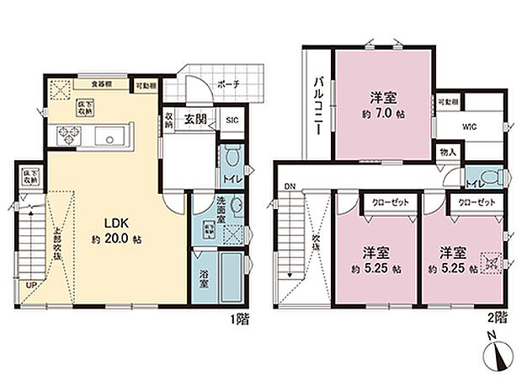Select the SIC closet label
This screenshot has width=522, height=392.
click(x=233, y=121)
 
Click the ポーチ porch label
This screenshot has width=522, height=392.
click(x=227, y=84)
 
